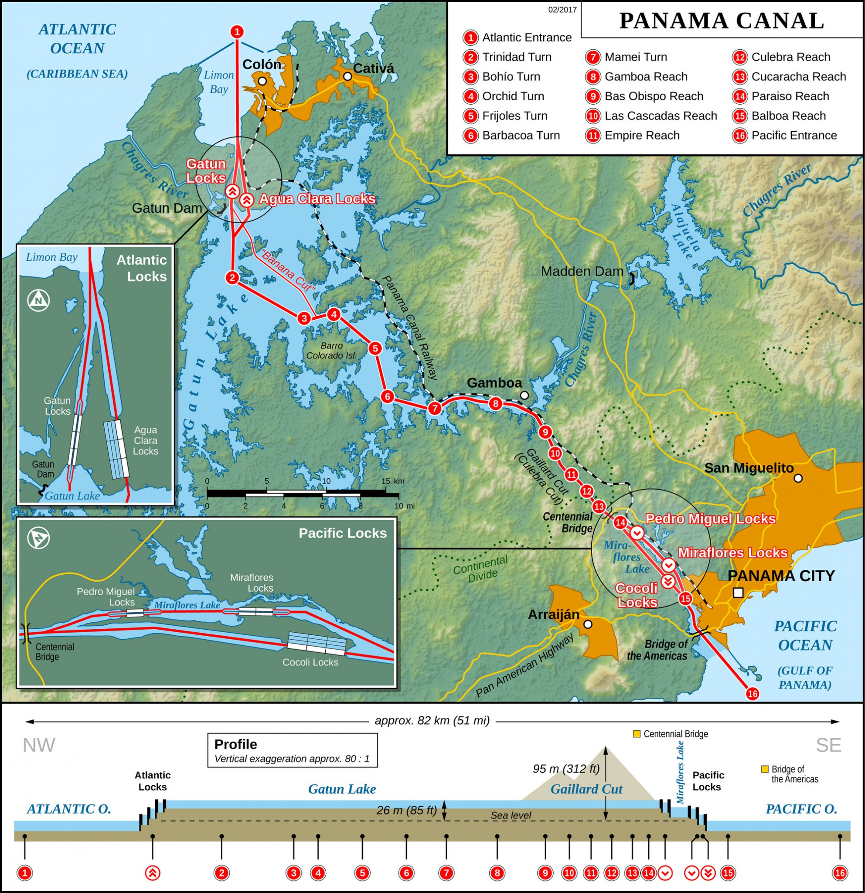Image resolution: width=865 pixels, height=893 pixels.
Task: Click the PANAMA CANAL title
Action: tap(722, 21)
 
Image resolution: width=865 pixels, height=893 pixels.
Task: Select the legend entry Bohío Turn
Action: tap(511, 77)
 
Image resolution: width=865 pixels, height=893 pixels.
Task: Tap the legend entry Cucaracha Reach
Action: tap(798, 77)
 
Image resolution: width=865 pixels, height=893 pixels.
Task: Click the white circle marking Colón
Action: tap(262, 81)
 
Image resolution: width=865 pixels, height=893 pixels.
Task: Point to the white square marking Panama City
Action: tap(739, 593)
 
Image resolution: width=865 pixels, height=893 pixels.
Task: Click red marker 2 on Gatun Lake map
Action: tap(232, 277)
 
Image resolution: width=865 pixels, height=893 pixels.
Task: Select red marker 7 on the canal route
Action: tap(435, 408)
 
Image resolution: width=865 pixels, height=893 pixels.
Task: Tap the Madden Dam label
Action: tap(582, 272)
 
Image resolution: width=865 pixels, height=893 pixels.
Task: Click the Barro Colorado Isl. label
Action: tap(331, 351)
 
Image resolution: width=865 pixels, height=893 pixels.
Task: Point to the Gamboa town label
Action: tap(494, 383)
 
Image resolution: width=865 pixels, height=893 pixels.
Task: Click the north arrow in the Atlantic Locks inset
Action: tap(39, 300)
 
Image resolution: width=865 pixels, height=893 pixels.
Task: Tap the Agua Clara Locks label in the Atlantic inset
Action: tap(145, 440)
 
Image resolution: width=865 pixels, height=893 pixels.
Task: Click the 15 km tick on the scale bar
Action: tap(386, 481)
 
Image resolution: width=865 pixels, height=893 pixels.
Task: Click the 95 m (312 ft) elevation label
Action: tap(566, 769)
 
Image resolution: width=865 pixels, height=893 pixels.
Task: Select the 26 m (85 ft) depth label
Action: tap(406, 811)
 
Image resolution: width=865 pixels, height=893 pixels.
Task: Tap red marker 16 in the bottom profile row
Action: tap(839, 873)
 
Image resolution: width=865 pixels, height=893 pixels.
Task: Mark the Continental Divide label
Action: tap(480, 569)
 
